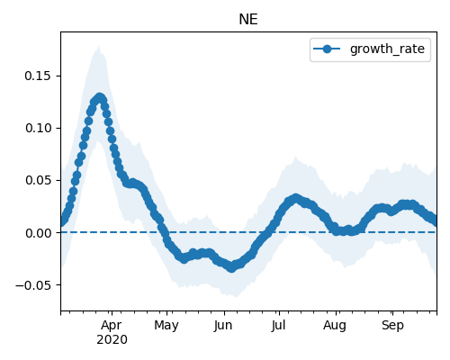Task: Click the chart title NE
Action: tap(248, 20)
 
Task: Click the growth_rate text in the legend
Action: tap(387, 49)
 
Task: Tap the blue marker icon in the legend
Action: tap(327, 49)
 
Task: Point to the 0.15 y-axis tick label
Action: tap(38, 76)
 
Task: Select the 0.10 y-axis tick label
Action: tap(38, 128)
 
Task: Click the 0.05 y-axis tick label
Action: tap(38, 180)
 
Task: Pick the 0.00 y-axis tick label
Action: tap(38, 233)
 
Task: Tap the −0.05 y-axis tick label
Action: tap(33, 285)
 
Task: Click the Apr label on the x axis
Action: tap(112, 326)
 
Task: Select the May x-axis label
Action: tap(166, 326)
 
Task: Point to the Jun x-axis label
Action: tap(223, 326)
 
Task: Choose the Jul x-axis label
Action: tap(278, 326)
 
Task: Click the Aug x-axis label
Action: tap(335, 326)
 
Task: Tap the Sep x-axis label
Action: tap(392, 326)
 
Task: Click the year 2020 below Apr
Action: tap(112, 340)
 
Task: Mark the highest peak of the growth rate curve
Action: tap(100, 98)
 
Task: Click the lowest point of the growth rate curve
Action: tap(231, 267)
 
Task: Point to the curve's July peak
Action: tap(296, 198)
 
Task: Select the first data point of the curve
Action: tap(61, 222)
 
